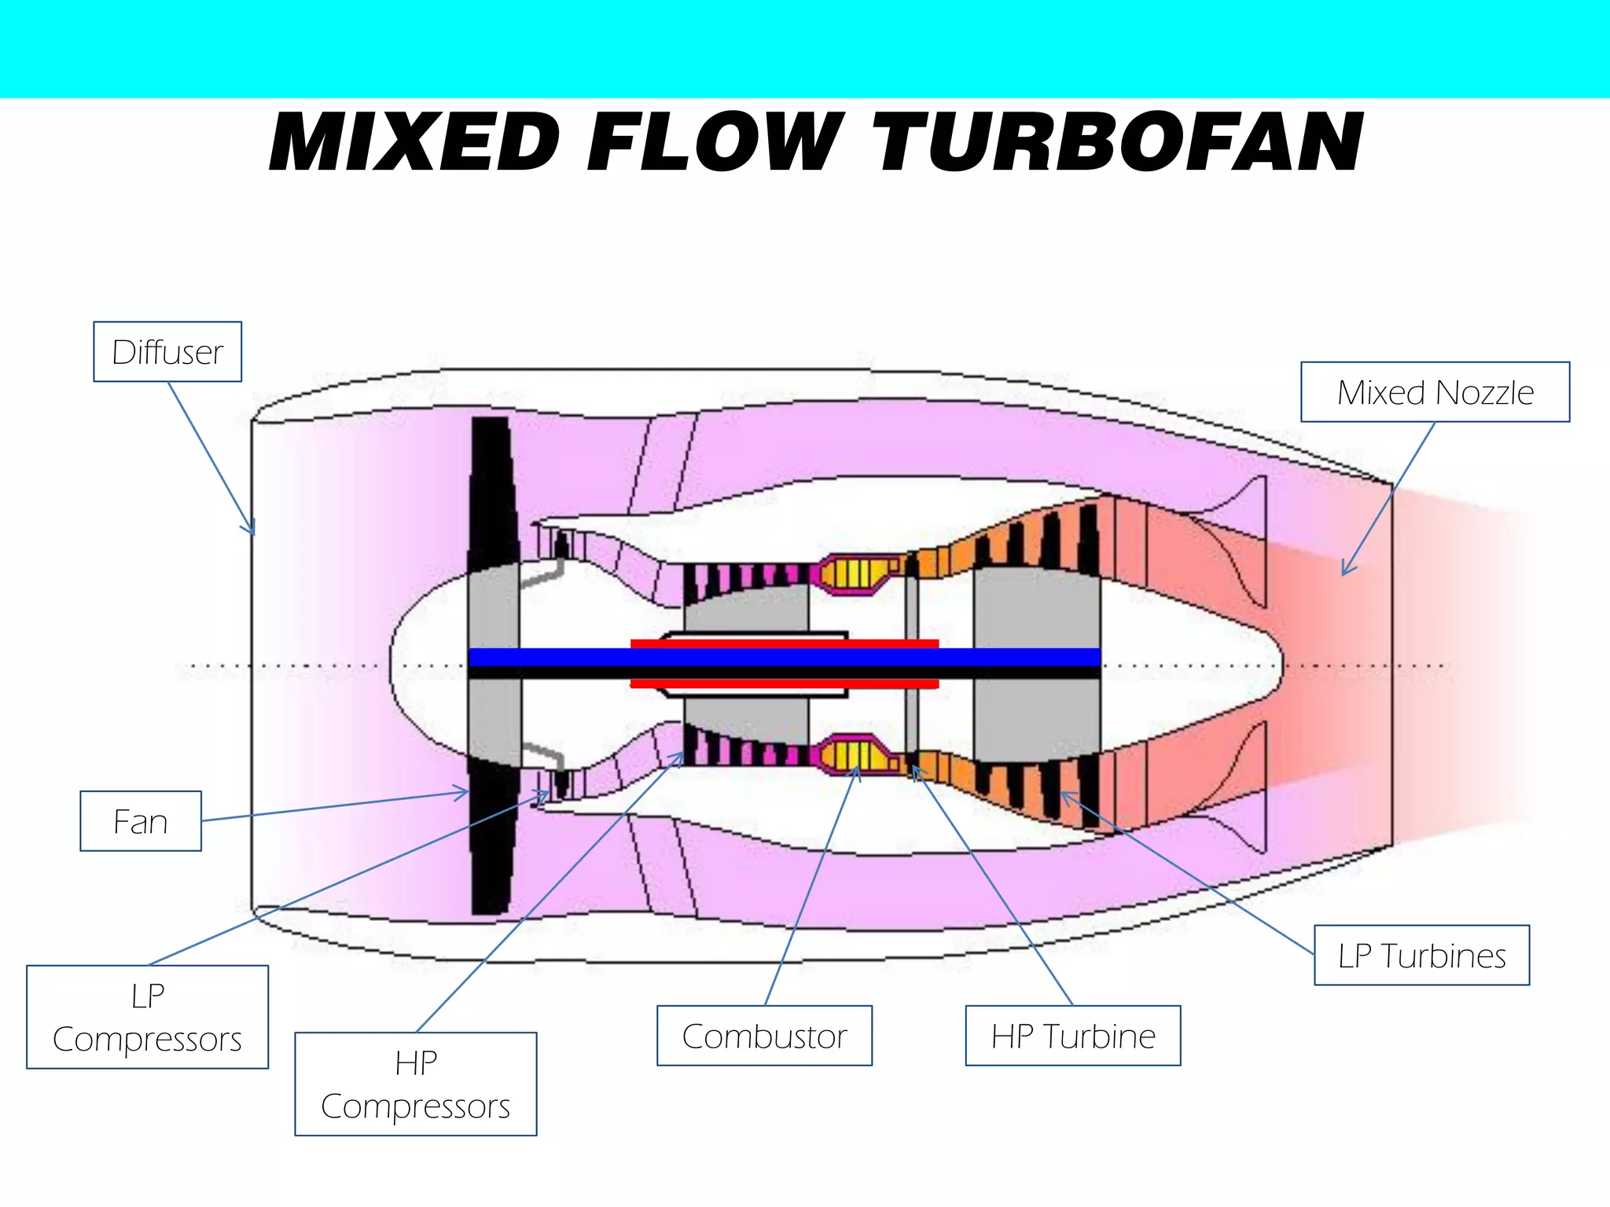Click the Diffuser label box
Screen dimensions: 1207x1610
click(x=167, y=352)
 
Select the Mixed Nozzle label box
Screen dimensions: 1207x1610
click(x=1435, y=392)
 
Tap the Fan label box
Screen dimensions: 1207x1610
click(x=141, y=821)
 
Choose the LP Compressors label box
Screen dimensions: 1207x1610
click(x=147, y=1017)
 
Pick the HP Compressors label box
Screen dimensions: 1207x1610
click(x=416, y=1084)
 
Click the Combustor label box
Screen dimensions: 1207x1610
click(x=764, y=1036)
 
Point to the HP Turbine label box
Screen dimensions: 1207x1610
click(x=1073, y=1036)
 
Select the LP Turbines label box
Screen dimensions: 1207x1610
click(x=1421, y=956)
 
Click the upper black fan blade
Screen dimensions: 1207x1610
click(x=493, y=487)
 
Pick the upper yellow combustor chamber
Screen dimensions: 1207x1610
click(x=851, y=574)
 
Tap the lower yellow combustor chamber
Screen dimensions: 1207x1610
click(x=851, y=756)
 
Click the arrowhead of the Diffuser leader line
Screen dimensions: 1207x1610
click(x=252, y=532)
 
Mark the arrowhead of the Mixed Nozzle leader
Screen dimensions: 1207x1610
click(x=1345, y=572)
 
